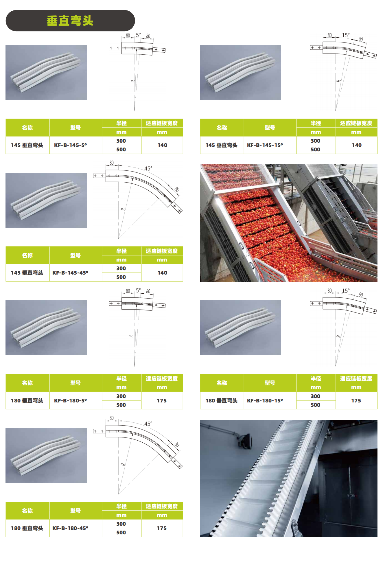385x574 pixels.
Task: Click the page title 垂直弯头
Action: click(70, 21)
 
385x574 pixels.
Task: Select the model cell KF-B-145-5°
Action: click(70, 145)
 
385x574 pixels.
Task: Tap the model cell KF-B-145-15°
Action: click(265, 145)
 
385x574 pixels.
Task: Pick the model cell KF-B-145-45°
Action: click(70, 273)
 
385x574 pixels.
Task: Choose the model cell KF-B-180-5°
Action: click(70, 400)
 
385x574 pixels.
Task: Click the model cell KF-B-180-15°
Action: click(265, 400)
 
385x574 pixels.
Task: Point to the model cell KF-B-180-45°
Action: click(70, 528)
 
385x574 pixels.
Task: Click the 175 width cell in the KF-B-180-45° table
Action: click(162, 528)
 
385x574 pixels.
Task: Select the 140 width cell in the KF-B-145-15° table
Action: click(357, 145)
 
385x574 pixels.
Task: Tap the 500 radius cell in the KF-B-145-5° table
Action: click(121, 149)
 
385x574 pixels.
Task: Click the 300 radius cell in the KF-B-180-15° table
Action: click(315, 396)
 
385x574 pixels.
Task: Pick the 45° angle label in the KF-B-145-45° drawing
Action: click(148, 168)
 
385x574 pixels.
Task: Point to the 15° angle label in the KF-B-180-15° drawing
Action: click(346, 290)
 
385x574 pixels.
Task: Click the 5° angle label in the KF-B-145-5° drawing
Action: click(138, 35)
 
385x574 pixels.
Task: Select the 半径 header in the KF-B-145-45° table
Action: click(121, 251)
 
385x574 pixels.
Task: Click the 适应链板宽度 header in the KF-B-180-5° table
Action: click(162, 378)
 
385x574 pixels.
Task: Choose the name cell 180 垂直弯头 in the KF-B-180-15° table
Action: click(221, 400)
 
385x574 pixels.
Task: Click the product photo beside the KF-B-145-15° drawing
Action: click(240, 72)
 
